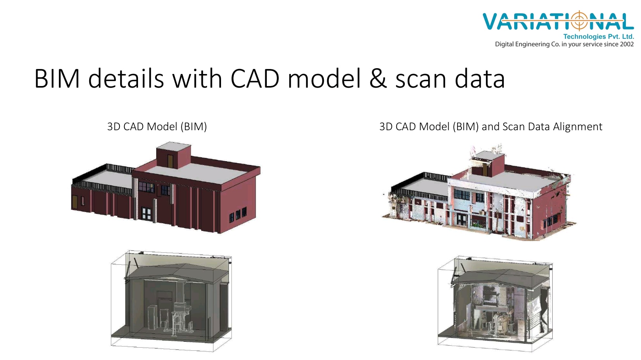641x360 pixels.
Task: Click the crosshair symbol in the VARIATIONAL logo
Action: point(579,21)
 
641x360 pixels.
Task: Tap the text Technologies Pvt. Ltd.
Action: point(599,36)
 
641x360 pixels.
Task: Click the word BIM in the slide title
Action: point(57,78)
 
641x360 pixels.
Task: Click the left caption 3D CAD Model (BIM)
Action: point(157,127)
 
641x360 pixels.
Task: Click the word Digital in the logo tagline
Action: point(505,45)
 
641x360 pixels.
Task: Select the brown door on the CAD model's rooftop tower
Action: point(170,161)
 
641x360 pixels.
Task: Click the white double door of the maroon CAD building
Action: point(146,214)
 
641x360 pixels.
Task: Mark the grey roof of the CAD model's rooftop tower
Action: point(174,146)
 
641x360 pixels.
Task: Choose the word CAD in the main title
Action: point(255,78)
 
